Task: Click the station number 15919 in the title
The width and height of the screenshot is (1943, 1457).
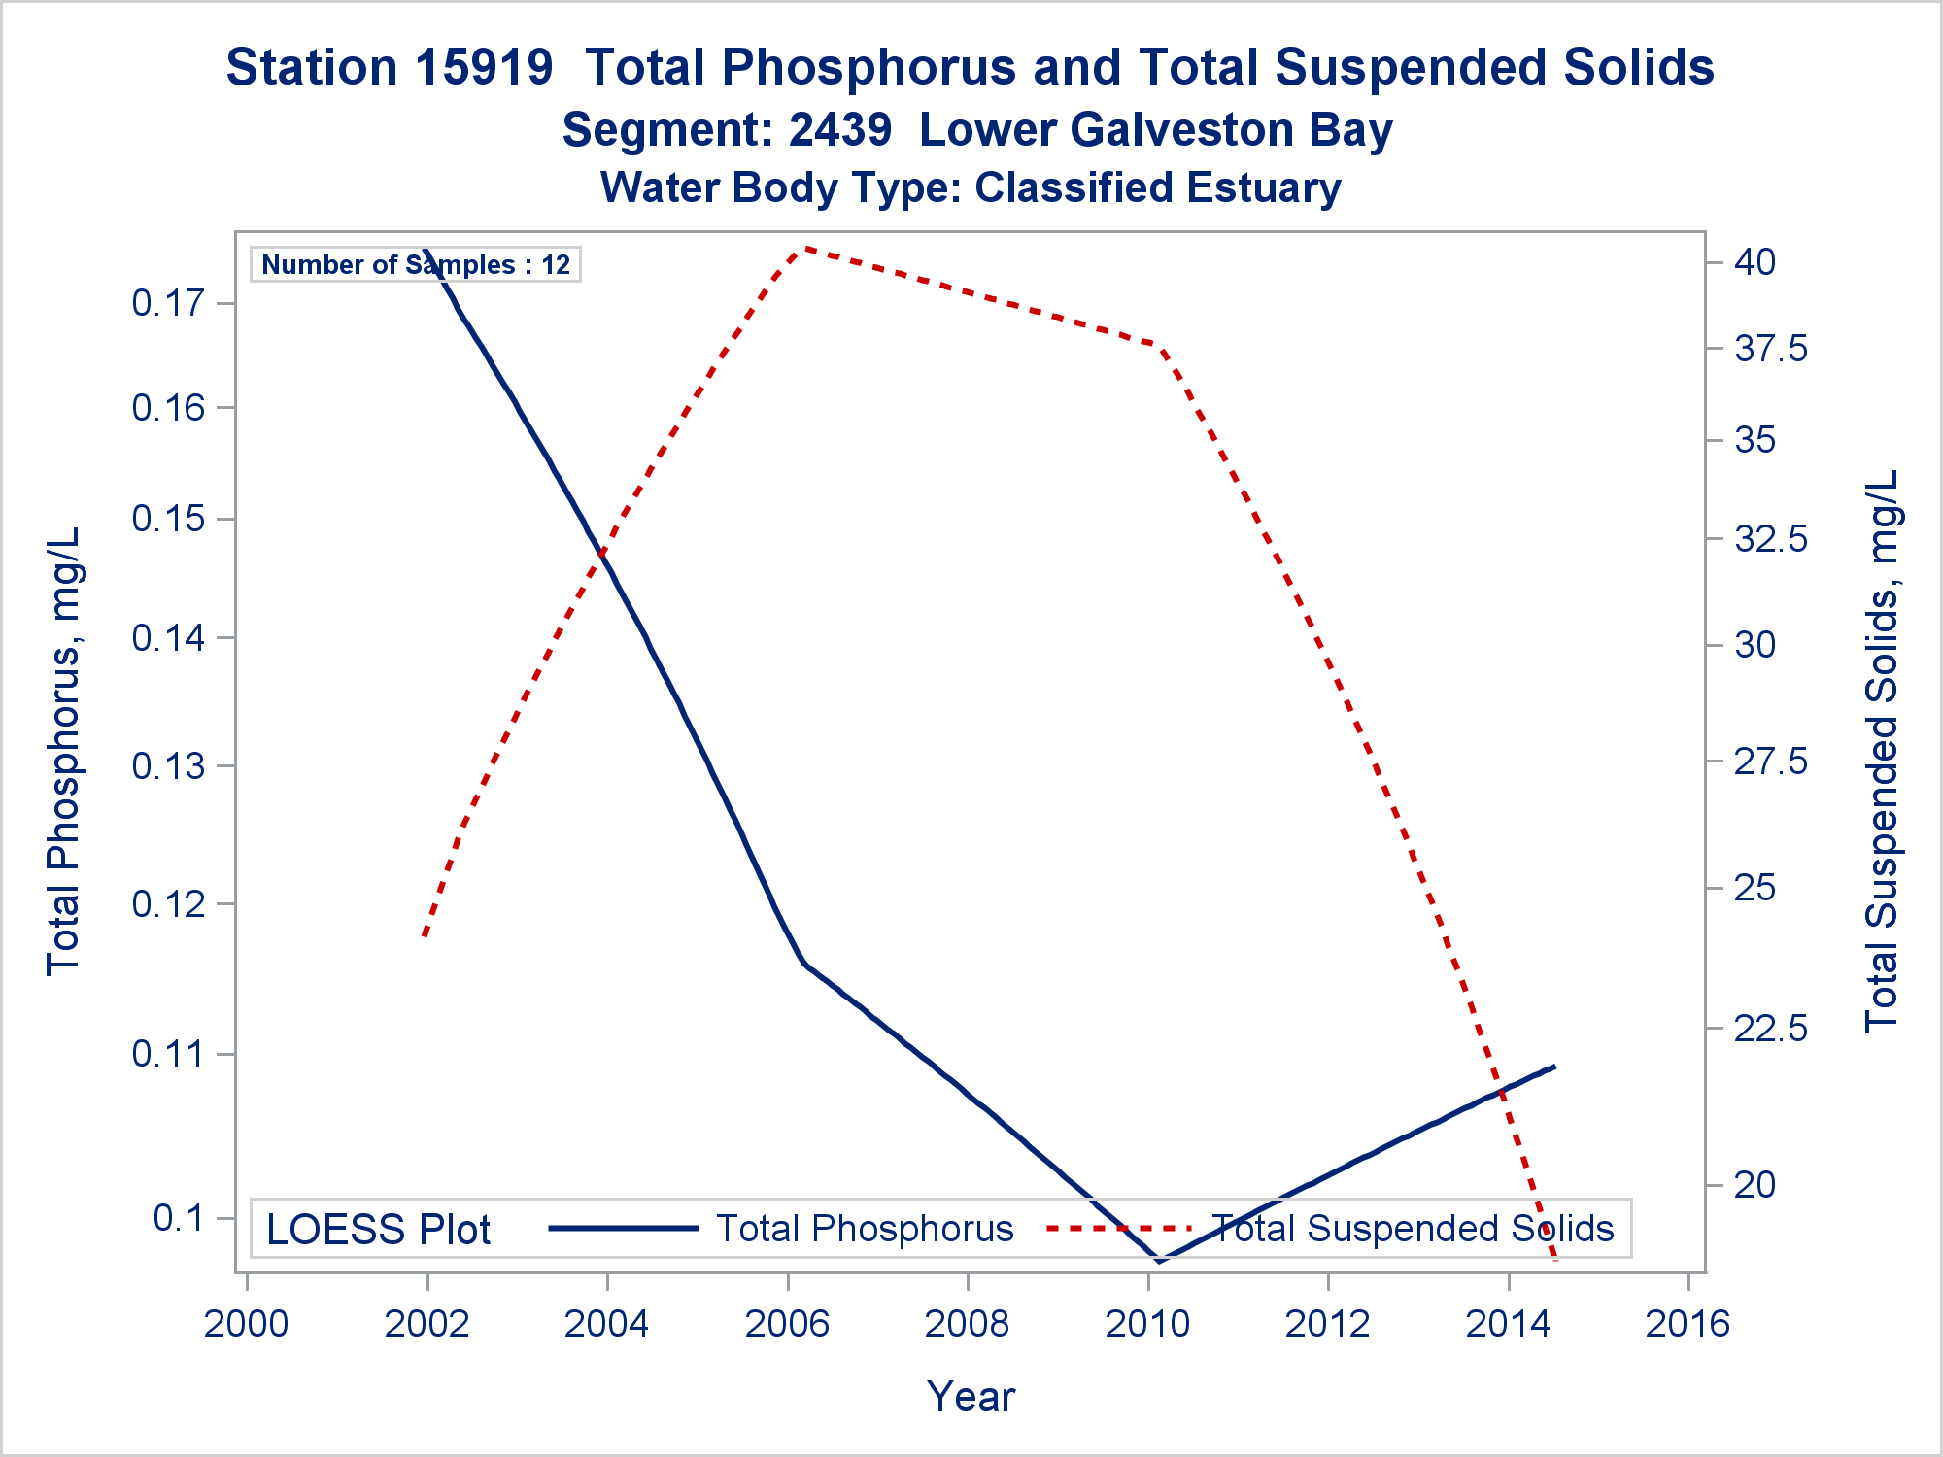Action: tap(484, 68)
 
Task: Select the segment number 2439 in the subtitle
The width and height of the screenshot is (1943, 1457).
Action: tap(839, 130)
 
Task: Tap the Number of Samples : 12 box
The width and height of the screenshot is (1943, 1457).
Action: tap(416, 264)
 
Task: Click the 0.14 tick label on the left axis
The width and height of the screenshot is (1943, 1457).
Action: tap(170, 638)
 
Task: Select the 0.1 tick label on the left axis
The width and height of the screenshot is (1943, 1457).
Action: tap(181, 1218)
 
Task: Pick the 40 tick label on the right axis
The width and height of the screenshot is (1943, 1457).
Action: tap(1755, 262)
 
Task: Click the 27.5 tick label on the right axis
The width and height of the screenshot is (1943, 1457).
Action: tap(1770, 762)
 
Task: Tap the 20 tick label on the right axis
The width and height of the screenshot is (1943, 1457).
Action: tap(1755, 1185)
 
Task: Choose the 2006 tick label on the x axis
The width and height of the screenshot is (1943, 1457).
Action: tap(787, 1324)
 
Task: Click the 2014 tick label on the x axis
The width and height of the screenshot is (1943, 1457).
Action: tap(1508, 1324)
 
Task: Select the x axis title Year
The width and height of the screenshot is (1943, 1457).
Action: tap(971, 1397)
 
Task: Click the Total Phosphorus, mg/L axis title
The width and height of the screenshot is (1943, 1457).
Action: tap(63, 751)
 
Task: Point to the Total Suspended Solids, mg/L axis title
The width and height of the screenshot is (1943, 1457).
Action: tap(1882, 751)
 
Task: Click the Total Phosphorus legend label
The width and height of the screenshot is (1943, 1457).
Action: tap(865, 1229)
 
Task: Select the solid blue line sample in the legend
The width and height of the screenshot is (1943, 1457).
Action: tap(624, 1229)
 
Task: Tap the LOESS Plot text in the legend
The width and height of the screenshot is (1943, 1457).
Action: tap(378, 1230)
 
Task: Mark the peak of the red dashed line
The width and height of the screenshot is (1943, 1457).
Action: tap(803, 248)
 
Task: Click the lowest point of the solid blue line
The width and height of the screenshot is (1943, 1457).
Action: tap(1159, 1261)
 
